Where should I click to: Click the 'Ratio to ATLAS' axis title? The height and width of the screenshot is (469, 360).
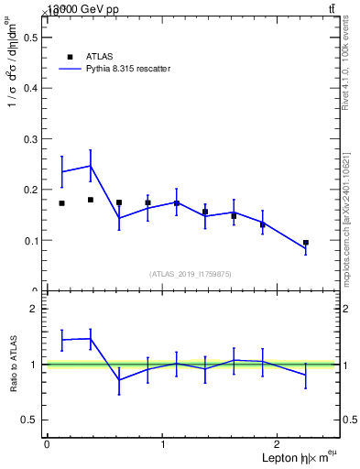point(14,365)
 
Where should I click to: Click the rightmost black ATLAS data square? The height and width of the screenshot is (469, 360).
point(306,243)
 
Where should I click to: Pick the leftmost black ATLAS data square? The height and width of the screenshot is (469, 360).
point(61,203)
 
